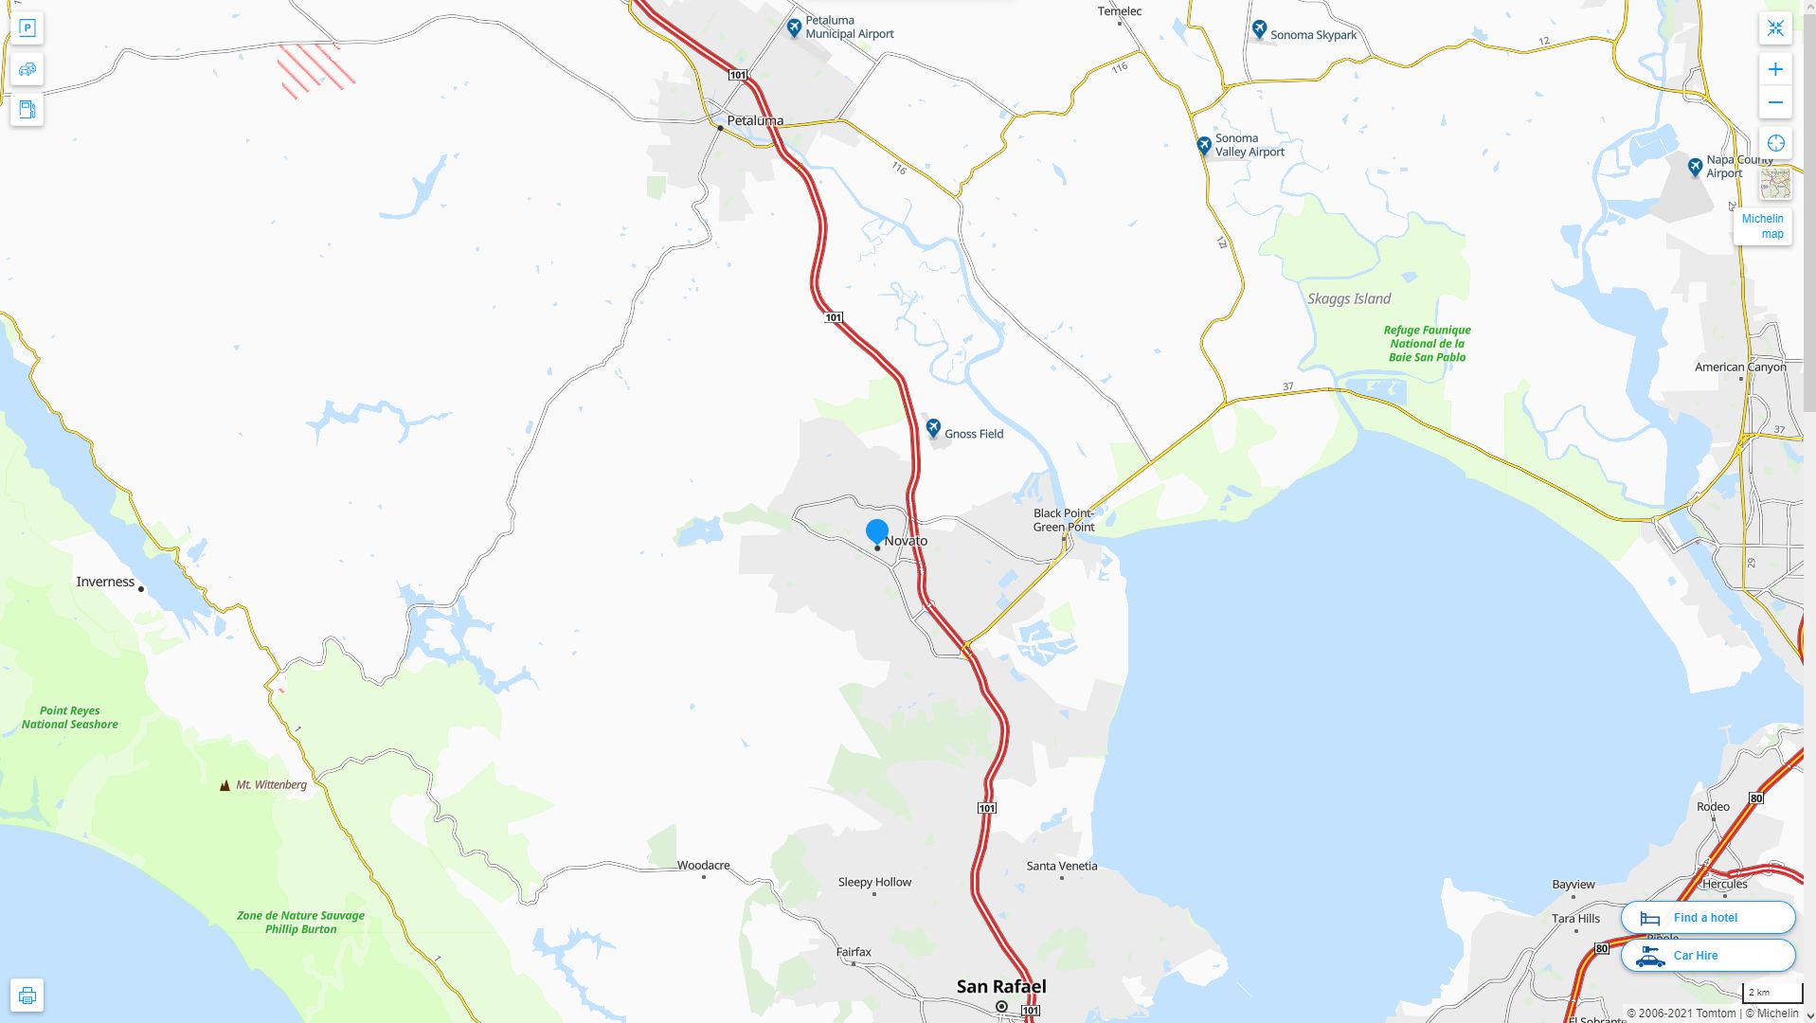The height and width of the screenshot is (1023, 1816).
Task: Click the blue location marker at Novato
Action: click(877, 531)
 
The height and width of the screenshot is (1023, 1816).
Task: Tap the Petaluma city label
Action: click(755, 121)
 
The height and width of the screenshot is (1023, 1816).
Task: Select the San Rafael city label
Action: click(1001, 986)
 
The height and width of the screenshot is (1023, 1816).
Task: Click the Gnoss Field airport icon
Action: click(933, 427)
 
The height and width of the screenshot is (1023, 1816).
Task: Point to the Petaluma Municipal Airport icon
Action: click(795, 27)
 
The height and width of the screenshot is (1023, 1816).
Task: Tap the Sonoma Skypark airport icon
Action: click(1259, 29)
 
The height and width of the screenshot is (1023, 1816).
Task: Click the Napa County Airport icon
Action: click(1695, 167)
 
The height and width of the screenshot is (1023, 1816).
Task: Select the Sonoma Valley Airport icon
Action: click(1204, 145)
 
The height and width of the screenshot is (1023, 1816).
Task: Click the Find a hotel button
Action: click(1707, 917)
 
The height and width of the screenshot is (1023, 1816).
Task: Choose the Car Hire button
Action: click(1707, 955)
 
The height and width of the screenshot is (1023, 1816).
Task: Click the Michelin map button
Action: click(1762, 226)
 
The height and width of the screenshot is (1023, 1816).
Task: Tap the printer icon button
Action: click(27, 996)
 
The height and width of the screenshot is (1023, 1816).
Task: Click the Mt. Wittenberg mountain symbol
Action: click(225, 785)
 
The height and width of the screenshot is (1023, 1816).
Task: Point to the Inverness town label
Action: click(105, 582)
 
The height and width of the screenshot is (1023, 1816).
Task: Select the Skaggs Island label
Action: click(1349, 298)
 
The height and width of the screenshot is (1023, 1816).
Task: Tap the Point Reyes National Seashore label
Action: click(70, 717)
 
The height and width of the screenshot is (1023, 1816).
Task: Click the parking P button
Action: click(27, 27)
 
